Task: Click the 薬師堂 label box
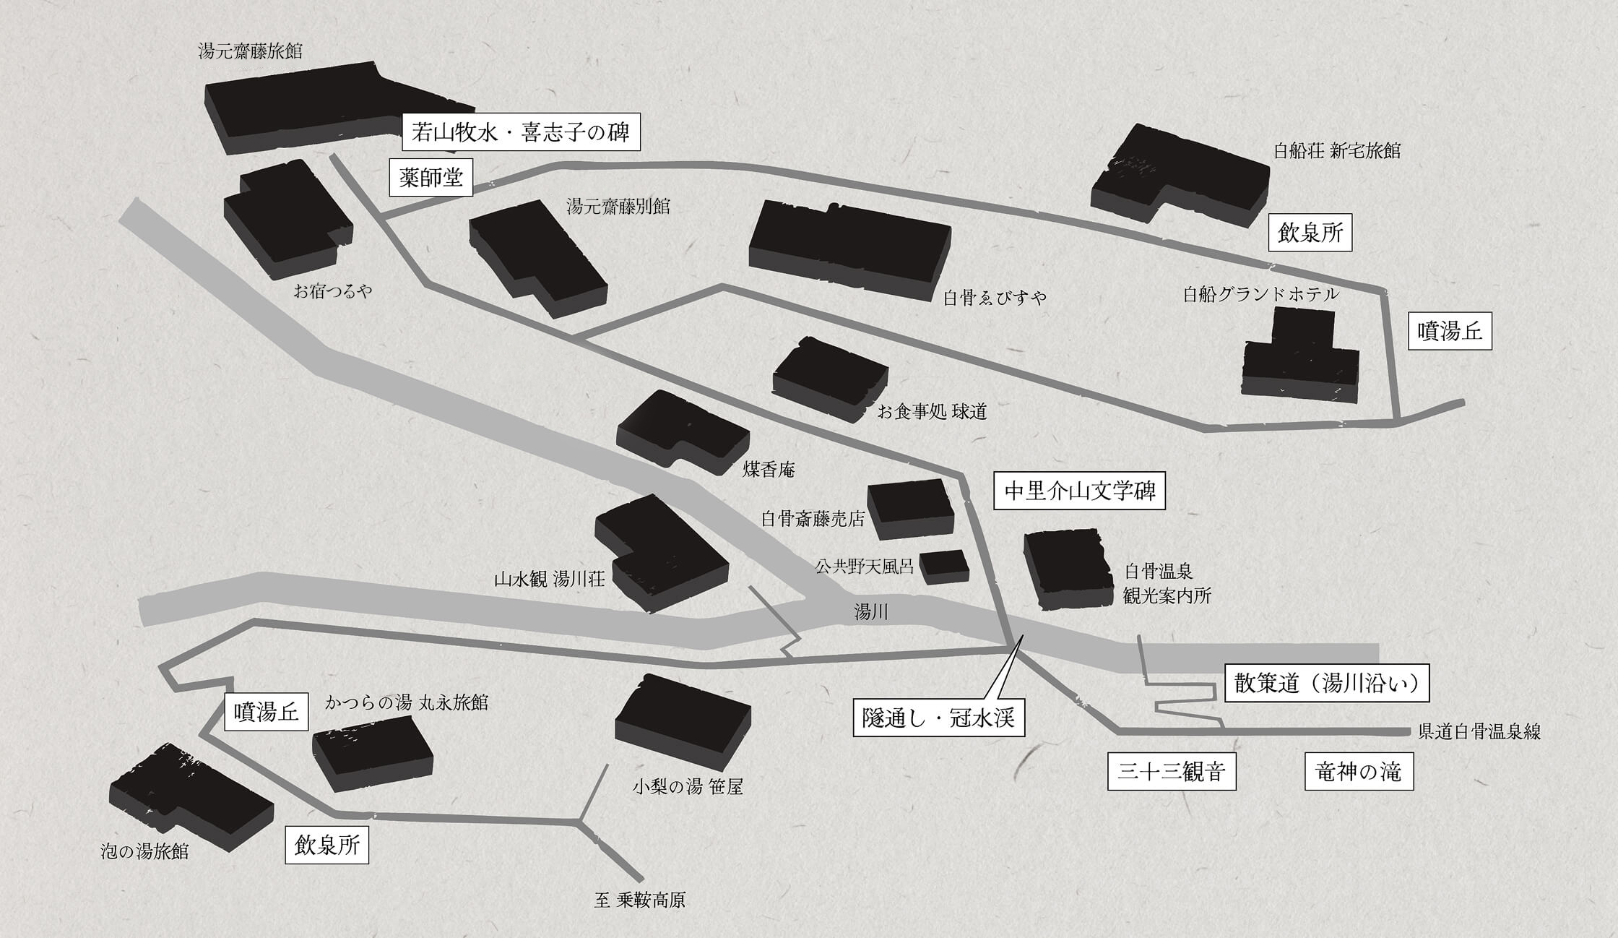point(431,177)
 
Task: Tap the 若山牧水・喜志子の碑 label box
point(521,133)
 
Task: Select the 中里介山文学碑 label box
point(1079,491)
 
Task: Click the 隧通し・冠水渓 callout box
point(938,718)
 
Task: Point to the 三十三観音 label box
point(1172,771)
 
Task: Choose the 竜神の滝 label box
point(1359,771)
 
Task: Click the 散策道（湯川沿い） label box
point(1327,683)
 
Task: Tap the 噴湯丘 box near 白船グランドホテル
point(1450,332)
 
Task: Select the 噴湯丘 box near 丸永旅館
point(267,712)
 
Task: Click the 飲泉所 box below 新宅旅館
point(1310,233)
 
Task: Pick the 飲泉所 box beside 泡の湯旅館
point(327,845)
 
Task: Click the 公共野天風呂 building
point(944,567)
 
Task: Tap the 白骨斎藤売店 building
point(910,509)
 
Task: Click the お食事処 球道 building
point(830,379)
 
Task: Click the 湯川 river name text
point(871,613)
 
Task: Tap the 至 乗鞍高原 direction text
point(639,900)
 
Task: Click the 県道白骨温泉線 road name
point(1479,731)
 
